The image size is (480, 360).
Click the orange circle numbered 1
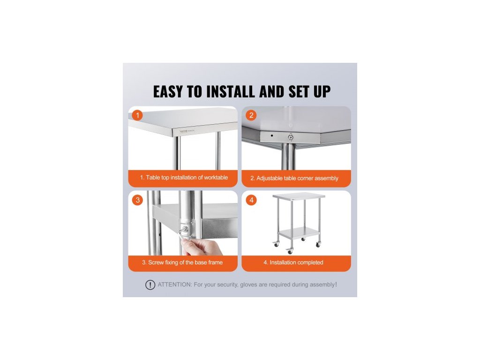tap(137, 115)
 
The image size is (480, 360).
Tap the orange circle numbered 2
tap(251, 115)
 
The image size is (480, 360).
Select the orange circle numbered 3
tap(137, 200)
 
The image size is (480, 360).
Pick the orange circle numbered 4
tap(251, 200)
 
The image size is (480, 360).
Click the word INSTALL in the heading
tap(231, 91)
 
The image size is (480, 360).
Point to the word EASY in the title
tap(168, 91)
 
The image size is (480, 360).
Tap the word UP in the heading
tap(322, 91)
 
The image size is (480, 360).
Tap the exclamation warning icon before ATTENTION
tap(150, 285)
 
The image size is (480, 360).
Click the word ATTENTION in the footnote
tap(175, 285)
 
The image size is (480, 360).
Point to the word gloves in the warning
tap(248, 285)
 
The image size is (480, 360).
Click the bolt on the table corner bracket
tap(291, 137)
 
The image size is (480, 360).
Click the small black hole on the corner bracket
tap(272, 135)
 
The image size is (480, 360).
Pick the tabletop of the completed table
tap(299, 196)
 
